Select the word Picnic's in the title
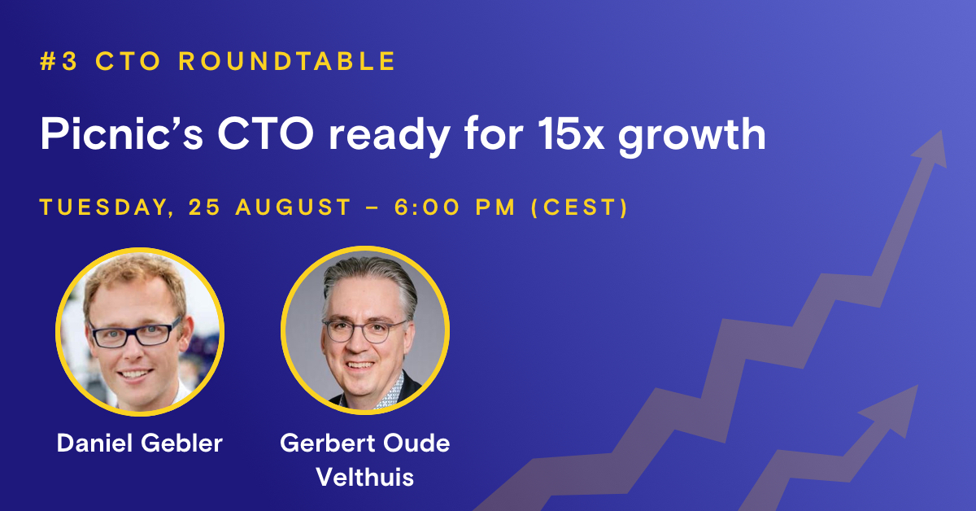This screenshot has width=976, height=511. (x=109, y=134)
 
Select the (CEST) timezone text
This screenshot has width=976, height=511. (x=579, y=207)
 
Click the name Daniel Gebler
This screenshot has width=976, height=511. (x=139, y=443)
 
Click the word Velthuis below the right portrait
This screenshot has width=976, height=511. (x=364, y=476)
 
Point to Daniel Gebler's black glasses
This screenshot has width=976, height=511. (x=136, y=332)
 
